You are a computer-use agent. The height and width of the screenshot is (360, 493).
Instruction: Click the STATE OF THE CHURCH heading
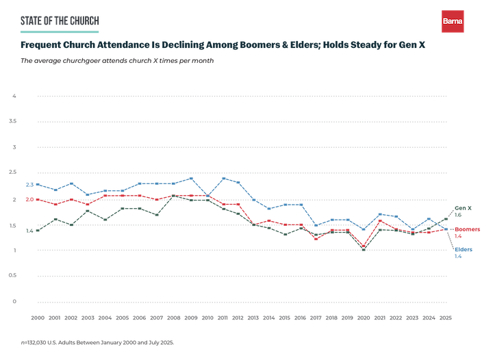pos(60,21)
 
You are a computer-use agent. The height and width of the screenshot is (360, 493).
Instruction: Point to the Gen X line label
pos(464,207)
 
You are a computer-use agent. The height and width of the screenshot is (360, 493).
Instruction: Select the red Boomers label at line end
pos(467,229)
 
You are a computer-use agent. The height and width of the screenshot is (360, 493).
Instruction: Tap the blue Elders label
pos(464,249)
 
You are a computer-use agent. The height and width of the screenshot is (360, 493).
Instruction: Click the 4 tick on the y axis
pos(14,96)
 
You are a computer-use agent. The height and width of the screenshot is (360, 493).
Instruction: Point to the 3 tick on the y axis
pos(14,147)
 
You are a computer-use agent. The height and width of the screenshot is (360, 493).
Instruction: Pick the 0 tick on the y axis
pos(14,300)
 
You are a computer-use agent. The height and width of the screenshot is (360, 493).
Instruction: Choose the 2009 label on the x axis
pos(190,318)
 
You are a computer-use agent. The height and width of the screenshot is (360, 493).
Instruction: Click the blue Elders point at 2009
pos(191,179)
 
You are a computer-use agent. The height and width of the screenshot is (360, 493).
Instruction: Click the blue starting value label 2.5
pos(29,185)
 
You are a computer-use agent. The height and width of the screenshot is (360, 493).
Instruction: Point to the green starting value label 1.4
pos(29,231)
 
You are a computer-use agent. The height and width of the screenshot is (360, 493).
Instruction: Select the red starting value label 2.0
pos(29,200)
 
